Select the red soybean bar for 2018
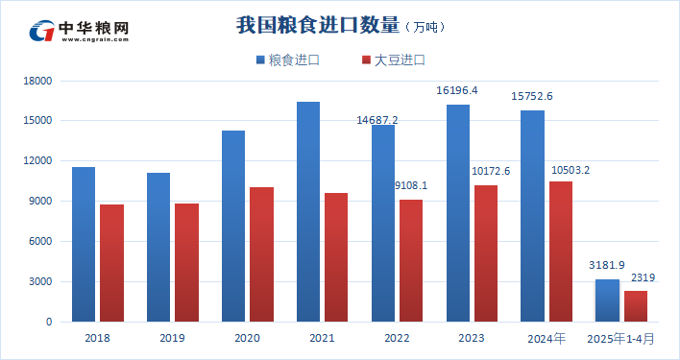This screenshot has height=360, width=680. point(111,263)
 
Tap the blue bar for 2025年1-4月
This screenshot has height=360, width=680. point(608,300)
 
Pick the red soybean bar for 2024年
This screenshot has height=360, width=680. point(561,252)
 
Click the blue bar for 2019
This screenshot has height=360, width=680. point(158,247)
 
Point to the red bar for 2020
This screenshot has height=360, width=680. point(261,254)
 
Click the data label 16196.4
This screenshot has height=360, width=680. point(457,90)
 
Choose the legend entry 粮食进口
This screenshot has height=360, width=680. point(288,60)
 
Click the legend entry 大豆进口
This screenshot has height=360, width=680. point(393,60)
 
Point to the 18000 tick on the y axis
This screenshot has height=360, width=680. point(37,81)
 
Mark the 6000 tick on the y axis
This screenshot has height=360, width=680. point(40,242)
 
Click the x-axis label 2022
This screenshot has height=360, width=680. point(397,339)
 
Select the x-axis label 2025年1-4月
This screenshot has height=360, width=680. point(620,339)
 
